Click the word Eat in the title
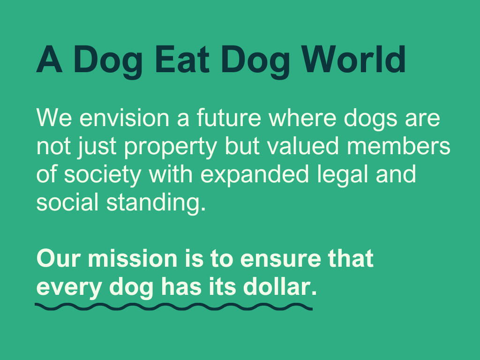pos(182,59)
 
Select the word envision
pos(124,118)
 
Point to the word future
pos(229,118)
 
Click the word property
pos(171,147)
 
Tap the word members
pos(398,146)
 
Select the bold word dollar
pos(280,287)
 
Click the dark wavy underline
pos(173,307)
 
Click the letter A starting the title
pos(49,59)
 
